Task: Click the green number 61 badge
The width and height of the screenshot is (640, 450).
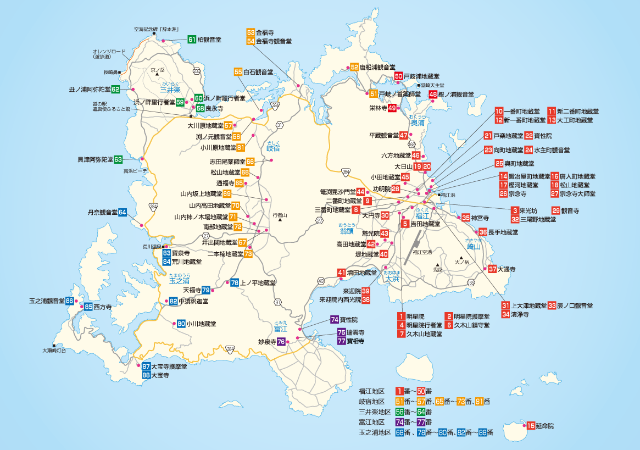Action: (x=192, y=40)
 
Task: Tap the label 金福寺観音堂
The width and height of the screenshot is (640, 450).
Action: (x=274, y=41)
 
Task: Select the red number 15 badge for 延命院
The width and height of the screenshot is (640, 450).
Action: (x=531, y=426)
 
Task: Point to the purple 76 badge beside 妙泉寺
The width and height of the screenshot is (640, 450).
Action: (x=281, y=342)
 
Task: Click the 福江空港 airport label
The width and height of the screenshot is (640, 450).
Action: (x=422, y=252)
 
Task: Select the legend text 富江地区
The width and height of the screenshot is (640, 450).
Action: (x=374, y=422)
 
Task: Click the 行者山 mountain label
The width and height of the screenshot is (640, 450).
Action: (x=280, y=216)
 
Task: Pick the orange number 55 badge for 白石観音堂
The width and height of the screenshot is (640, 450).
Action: (x=238, y=72)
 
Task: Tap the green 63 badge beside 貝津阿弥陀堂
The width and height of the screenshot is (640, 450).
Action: (x=118, y=159)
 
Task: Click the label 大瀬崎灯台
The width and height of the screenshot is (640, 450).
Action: (x=54, y=350)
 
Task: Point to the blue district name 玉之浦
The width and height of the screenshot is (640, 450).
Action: (x=180, y=281)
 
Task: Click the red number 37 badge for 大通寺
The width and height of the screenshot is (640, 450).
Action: (x=492, y=269)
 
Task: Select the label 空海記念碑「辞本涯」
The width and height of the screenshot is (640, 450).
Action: (x=157, y=29)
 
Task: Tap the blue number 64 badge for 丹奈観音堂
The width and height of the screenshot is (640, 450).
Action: (x=123, y=212)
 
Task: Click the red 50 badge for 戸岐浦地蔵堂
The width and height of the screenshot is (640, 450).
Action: (x=399, y=76)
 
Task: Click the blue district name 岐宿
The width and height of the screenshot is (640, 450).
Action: (x=273, y=148)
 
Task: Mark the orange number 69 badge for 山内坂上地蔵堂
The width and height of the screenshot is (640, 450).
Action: (x=227, y=193)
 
